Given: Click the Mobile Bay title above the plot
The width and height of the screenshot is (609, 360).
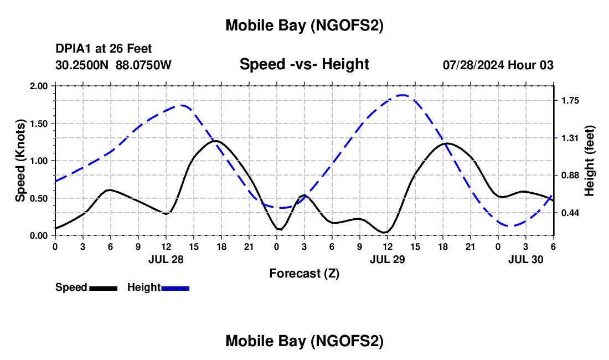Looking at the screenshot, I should coord(304,25).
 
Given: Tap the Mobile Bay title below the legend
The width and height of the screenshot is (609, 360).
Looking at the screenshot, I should coord(304,342).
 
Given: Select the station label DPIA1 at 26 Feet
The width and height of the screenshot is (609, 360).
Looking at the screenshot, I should coord(104,49).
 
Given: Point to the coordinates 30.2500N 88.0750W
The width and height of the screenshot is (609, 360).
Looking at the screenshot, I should coord(113,65).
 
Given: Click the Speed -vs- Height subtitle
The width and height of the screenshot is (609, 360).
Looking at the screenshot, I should coord(304,64).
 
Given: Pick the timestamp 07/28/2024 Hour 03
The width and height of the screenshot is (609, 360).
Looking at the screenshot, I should coord(498,65).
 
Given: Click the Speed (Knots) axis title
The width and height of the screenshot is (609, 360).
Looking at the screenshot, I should coord(20,161).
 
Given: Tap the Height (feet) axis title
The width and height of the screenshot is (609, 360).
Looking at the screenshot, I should coord(589,161).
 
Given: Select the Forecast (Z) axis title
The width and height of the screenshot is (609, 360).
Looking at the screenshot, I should coord(304,273).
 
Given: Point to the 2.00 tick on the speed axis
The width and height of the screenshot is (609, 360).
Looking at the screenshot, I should coord(39,86).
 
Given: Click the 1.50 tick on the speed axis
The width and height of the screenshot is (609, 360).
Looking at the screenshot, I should coord(39,124).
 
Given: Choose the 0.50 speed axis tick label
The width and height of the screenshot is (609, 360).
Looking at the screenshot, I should coord(39,198).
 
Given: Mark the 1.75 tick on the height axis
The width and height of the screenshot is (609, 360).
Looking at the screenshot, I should coord(570,101).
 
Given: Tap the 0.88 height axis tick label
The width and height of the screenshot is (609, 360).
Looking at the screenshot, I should coord(570,176).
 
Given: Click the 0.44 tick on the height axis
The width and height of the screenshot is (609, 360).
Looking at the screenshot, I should coord(570,213).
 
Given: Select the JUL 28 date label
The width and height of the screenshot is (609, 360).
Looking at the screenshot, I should coord(166,259).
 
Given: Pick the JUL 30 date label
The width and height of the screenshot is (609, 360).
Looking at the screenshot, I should coord(525,259).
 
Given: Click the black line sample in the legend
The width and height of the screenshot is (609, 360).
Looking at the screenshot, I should coord(103,288).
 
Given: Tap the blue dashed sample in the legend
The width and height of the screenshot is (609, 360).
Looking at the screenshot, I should coord(175,288).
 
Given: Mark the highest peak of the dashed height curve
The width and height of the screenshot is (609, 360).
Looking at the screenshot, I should coord(402,95).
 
